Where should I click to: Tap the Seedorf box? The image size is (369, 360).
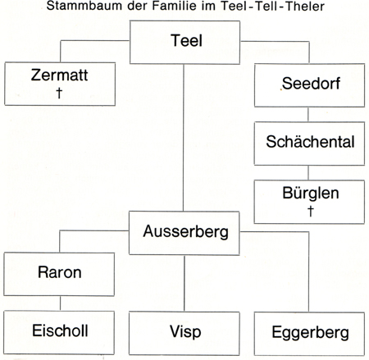tap(310, 83)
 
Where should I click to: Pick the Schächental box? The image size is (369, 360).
tap(310, 140)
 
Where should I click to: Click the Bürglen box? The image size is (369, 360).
tap(310, 201)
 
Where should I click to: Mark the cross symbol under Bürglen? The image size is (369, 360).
tap(310, 212)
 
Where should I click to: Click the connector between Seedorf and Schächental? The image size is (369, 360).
tap(310, 112)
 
